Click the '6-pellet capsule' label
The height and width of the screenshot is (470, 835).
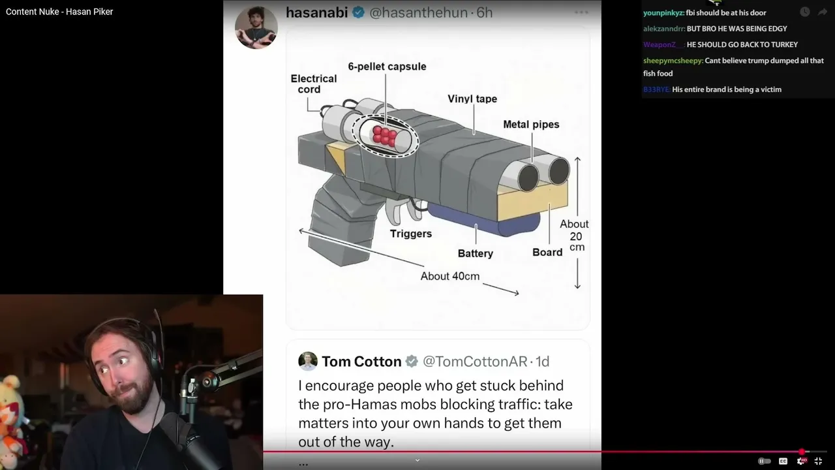387,67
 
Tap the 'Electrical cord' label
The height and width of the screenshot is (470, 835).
314,84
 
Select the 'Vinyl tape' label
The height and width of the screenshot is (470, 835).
472,99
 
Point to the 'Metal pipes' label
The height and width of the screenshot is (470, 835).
531,124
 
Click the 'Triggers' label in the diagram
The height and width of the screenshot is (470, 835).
411,234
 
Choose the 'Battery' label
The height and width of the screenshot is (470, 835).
476,254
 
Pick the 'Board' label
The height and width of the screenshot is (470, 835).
547,253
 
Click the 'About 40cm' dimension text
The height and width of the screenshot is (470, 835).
450,276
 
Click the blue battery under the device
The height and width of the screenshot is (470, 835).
485,220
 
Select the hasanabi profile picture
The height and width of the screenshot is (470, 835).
256,27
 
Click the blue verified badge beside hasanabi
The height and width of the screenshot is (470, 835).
359,12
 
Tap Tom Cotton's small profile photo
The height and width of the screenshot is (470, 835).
308,361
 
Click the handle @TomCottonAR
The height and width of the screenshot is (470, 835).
475,362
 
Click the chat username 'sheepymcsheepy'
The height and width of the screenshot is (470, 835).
673,61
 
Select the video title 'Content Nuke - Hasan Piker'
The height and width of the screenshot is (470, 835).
59,12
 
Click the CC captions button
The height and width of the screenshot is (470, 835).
783,462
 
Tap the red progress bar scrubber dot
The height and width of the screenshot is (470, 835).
802,452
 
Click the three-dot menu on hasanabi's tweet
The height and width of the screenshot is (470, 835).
581,12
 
